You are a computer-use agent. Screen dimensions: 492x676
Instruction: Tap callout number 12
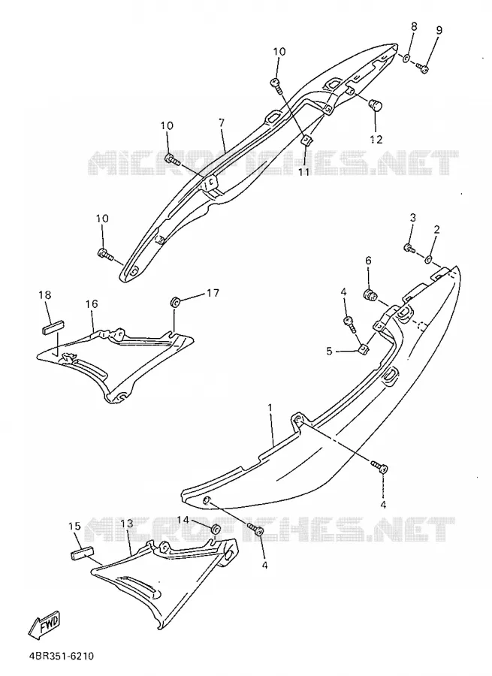pyautogui.click(x=376, y=139)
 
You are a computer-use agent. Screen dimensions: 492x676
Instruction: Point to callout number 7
pyautogui.click(x=222, y=123)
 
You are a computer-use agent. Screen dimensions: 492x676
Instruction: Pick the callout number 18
pyautogui.click(x=44, y=295)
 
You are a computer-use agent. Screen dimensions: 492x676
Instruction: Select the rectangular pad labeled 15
pyautogui.click(x=81, y=552)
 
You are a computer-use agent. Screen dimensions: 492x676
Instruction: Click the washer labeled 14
pyautogui.click(x=216, y=530)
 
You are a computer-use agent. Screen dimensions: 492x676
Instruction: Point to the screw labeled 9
pyautogui.click(x=422, y=67)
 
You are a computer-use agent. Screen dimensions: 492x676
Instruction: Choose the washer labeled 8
pyautogui.click(x=406, y=57)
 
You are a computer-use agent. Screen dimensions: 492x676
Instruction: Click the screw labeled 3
pyautogui.click(x=409, y=248)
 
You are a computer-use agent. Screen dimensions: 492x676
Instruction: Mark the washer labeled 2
pyautogui.click(x=429, y=259)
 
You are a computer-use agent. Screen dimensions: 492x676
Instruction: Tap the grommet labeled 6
pyautogui.click(x=370, y=295)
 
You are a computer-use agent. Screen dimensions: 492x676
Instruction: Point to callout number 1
pyautogui.click(x=270, y=407)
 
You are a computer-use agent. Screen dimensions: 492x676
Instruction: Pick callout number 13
pyautogui.click(x=127, y=524)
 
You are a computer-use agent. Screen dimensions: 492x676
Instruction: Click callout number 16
pyautogui.click(x=92, y=304)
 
